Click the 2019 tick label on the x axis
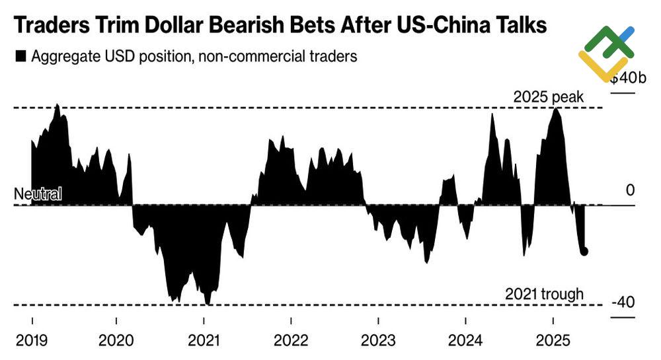[31, 340]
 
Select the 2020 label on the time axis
[118, 340]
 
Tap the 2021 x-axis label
[204, 340]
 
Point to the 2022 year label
[291, 340]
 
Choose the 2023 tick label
[378, 340]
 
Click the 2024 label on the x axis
[465, 340]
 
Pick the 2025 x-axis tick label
[552, 340]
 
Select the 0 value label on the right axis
[630, 190]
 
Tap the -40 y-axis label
[623, 303]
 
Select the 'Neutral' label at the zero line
[38, 194]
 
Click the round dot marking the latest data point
[584, 251]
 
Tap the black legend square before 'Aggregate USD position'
[20, 57]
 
